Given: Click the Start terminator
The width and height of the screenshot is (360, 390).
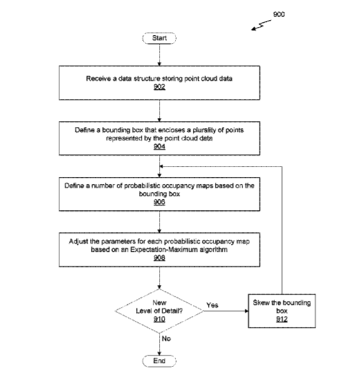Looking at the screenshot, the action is [160, 38].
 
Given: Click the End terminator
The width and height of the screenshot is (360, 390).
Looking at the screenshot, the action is [160, 361].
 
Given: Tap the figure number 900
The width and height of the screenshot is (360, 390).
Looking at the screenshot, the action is [279, 15].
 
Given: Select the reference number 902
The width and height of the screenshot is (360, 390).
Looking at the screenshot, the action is [160, 87].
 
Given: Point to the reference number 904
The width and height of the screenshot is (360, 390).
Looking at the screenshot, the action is [160, 147].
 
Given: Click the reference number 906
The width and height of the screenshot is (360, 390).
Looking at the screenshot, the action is [160, 202].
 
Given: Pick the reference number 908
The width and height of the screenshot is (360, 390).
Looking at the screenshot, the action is [160, 258].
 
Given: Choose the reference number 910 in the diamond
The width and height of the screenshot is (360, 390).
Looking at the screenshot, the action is [160, 319].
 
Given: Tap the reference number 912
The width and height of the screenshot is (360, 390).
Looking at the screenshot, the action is [282, 319].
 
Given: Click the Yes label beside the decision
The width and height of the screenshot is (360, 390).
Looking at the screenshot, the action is [212, 305].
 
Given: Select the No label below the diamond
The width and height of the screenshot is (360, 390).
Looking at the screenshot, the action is [167, 339].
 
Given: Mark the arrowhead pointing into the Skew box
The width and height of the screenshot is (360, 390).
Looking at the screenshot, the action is [247, 311].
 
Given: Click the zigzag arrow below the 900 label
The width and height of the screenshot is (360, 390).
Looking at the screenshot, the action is [261, 26].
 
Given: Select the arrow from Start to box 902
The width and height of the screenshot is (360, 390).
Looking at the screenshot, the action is [160, 55].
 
